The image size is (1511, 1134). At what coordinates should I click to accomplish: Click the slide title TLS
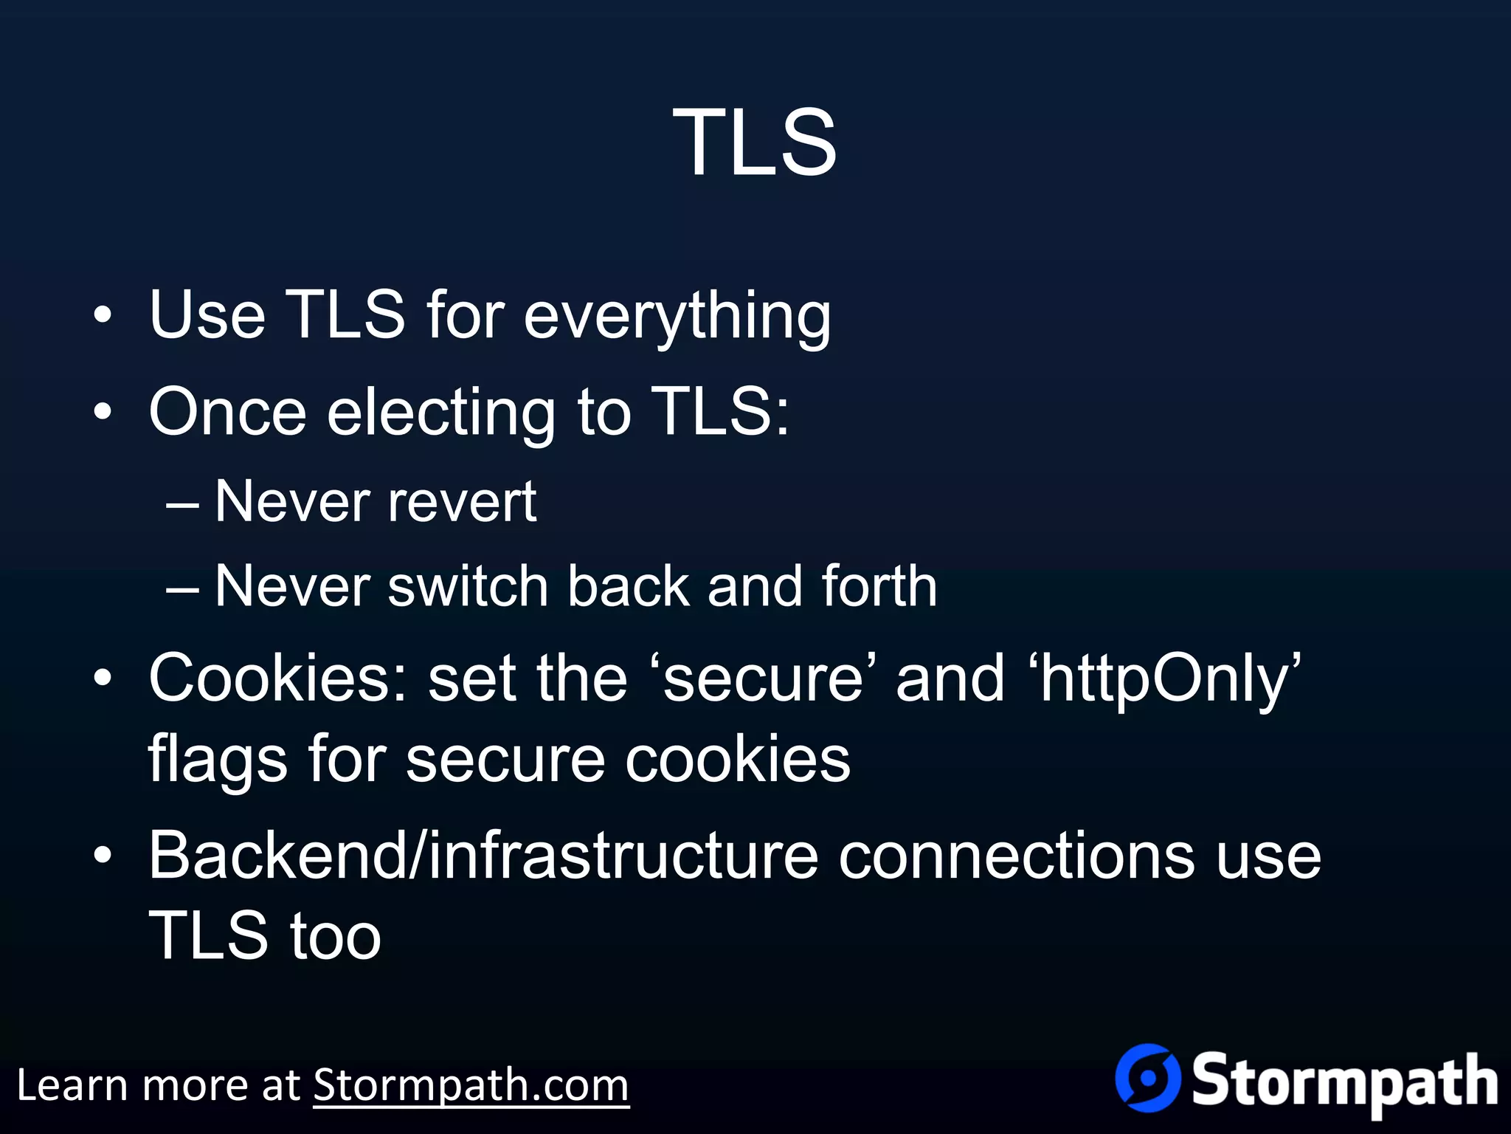pyautogui.click(x=755, y=142)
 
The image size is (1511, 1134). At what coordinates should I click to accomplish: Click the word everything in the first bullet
pyautogui.click(x=677, y=316)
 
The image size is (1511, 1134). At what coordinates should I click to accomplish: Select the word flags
pyautogui.click(x=218, y=760)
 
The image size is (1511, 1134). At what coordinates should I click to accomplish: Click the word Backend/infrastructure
pyautogui.click(x=483, y=856)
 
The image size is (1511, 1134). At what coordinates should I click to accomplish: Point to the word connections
pyautogui.click(x=1017, y=856)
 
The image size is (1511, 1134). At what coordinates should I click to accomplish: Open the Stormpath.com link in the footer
pyautogui.click(x=471, y=1086)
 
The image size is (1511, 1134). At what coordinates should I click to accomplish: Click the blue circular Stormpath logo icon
pyautogui.click(x=1148, y=1078)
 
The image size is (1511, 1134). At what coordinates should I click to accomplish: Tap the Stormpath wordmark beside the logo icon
pyautogui.click(x=1344, y=1082)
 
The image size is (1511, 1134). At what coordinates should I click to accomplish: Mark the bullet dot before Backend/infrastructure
pyautogui.click(x=103, y=856)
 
